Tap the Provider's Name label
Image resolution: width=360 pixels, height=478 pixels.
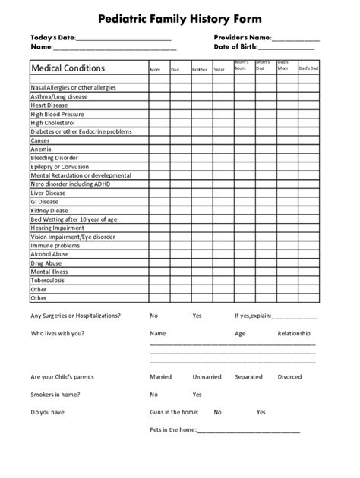[242, 36]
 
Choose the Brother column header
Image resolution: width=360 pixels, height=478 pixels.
[198, 70]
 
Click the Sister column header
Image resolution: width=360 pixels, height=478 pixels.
[219, 70]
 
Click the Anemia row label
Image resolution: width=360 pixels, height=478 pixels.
[41, 149]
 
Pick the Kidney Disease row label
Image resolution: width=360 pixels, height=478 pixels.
[49, 211]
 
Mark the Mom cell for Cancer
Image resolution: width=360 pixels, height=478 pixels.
[157, 140]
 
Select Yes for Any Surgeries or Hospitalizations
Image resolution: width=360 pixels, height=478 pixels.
[197, 315]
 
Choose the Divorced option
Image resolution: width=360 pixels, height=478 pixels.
[289, 377]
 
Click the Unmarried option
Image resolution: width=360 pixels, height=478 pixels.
[207, 377]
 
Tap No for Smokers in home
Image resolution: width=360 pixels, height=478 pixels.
[154, 395]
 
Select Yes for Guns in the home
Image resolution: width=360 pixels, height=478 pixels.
[261, 412]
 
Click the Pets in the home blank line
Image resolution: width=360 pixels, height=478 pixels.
[248, 432]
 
